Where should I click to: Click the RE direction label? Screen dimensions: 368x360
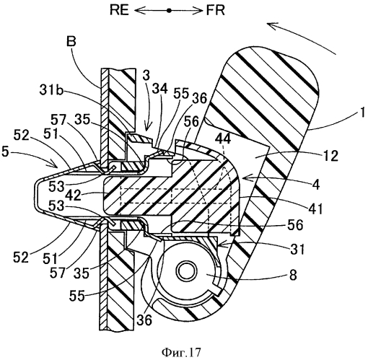coord(120,11)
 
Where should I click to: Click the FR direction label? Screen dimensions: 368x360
coord(216,11)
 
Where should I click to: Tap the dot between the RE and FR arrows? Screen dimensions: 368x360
coord(170,11)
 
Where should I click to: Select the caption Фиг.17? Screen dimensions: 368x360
coord(181,353)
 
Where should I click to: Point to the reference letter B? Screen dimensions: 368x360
coord(71,41)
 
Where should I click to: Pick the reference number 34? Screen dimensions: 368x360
coord(160,89)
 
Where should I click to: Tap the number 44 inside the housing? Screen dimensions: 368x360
coord(223,139)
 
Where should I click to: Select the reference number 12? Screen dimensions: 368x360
coord(330,156)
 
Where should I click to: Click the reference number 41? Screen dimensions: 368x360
coord(315,208)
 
